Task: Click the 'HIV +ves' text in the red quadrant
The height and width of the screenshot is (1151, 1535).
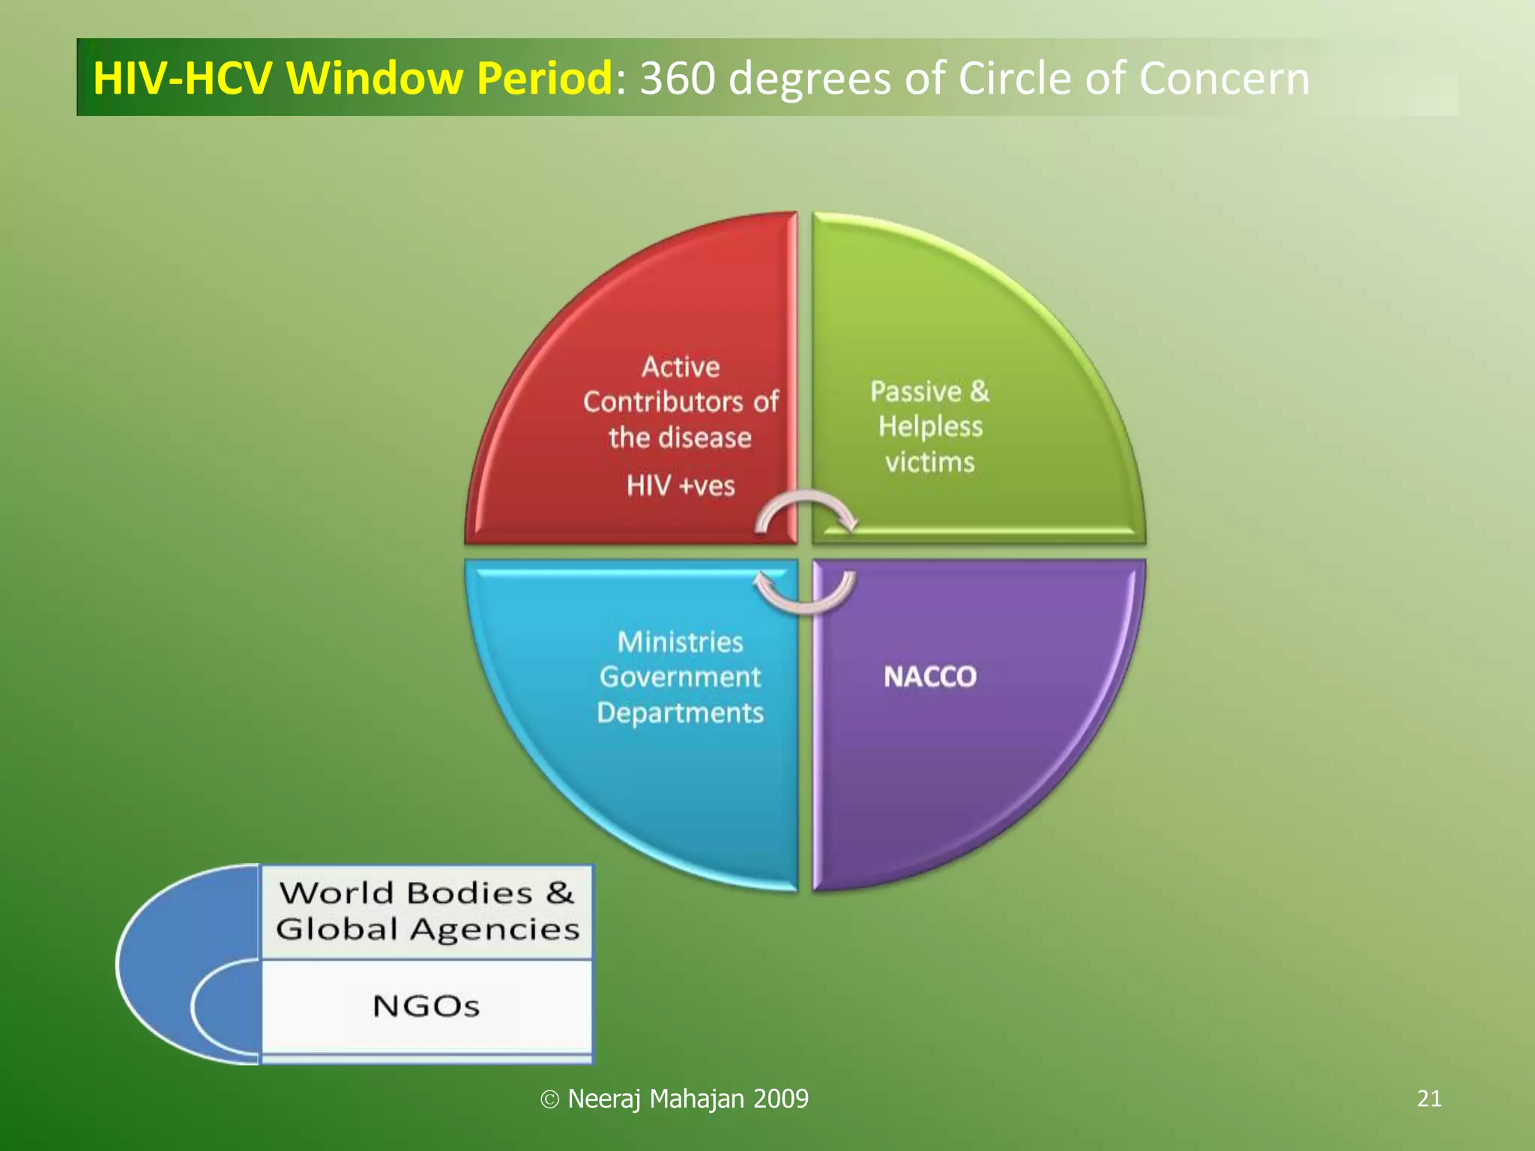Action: [x=681, y=486]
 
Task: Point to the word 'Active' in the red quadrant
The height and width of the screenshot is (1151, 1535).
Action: [x=681, y=366]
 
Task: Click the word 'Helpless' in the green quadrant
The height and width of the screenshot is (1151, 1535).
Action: [x=930, y=426]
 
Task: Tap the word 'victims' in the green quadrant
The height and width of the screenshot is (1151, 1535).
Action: [x=930, y=462]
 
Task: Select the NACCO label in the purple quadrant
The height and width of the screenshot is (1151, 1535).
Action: [x=930, y=677]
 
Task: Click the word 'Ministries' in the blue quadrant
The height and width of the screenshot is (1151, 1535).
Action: [x=681, y=641]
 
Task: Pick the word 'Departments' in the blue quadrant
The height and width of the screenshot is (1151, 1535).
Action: [x=681, y=712]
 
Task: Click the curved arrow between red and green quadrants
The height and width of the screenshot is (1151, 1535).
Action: [x=806, y=510]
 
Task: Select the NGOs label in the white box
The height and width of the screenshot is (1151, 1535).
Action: [x=426, y=1006]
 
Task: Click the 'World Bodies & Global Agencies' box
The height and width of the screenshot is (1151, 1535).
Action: [x=426, y=911]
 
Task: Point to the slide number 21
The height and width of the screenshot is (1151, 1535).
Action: [x=1429, y=1099]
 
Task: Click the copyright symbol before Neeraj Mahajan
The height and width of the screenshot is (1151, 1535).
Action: [x=550, y=1099]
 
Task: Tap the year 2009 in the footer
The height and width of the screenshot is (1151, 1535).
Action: [x=780, y=1099]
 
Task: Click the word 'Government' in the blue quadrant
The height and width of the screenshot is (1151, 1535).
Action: [x=681, y=677]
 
